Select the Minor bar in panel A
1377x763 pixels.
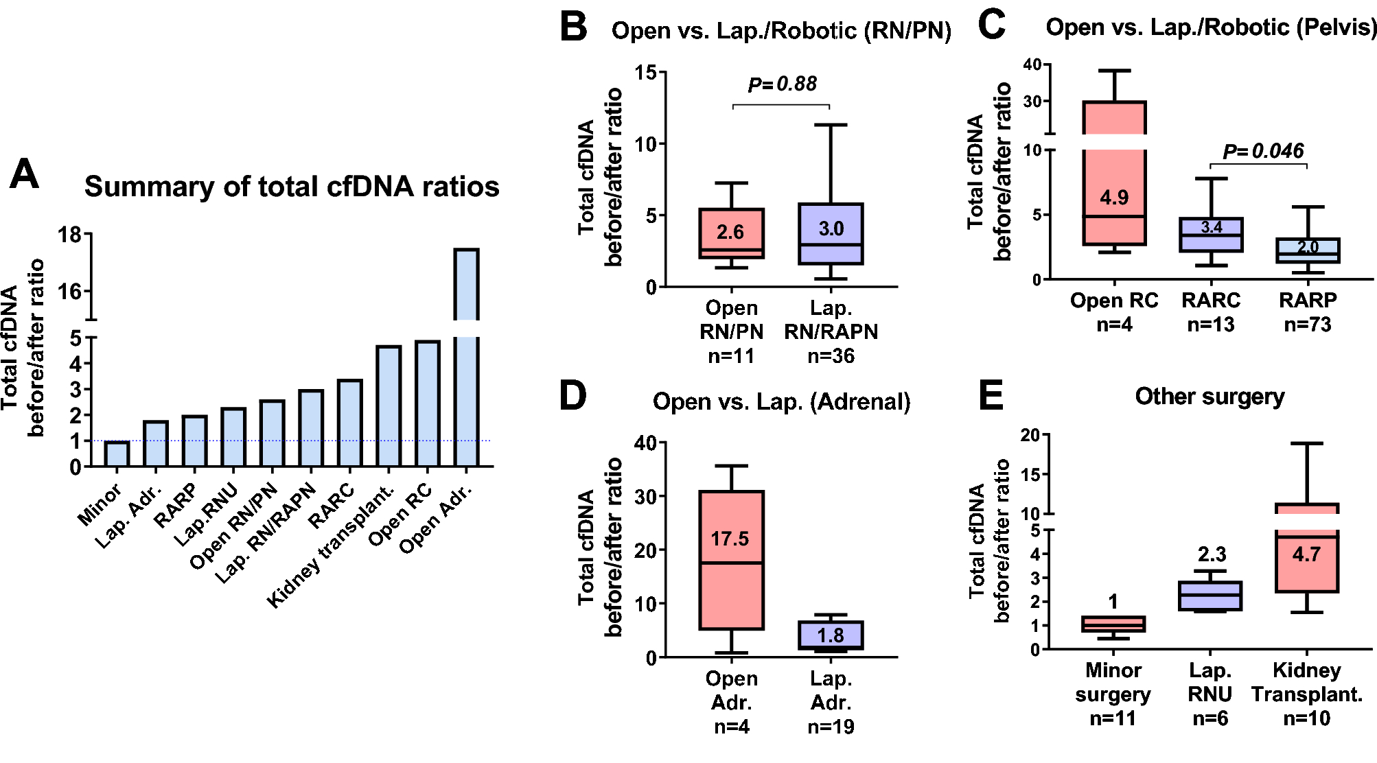click(x=117, y=454)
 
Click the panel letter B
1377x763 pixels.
click(x=573, y=27)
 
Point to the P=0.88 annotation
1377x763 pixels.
click(x=782, y=84)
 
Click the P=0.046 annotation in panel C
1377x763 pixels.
click(x=1263, y=151)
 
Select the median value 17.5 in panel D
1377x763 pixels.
click(x=730, y=539)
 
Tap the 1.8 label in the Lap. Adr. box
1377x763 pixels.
click(x=831, y=635)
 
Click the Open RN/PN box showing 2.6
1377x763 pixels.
click(x=731, y=233)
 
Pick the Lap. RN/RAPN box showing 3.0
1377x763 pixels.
click(x=831, y=233)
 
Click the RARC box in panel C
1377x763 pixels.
click(x=1211, y=235)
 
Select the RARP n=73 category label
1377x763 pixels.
click(x=1308, y=312)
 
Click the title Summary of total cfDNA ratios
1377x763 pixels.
click(x=292, y=187)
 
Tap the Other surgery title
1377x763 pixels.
click(x=1210, y=397)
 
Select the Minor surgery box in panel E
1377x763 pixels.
click(x=1113, y=624)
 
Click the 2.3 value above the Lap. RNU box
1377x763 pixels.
click(x=1212, y=554)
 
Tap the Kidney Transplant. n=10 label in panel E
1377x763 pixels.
click(x=1306, y=694)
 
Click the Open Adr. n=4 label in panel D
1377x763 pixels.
click(x=731, y=702)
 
